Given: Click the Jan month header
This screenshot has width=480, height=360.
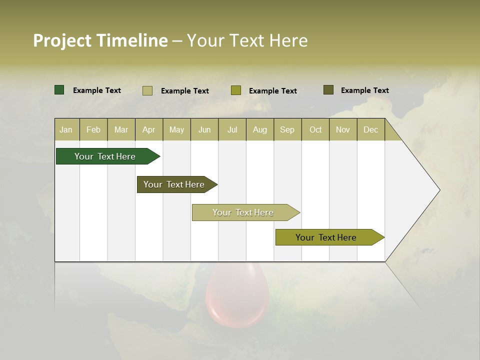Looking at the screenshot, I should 66,129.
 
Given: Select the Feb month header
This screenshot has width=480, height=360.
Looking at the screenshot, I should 93,129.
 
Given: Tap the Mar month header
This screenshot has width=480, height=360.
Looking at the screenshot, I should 121,129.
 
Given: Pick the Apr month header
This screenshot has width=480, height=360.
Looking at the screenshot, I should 149,129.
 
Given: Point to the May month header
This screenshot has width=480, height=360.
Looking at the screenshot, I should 176,129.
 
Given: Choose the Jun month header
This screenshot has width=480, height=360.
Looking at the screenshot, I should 204,129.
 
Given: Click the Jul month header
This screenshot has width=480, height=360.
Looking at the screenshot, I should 232,129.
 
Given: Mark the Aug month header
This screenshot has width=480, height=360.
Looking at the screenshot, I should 260,129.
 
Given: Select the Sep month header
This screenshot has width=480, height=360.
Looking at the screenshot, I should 287,129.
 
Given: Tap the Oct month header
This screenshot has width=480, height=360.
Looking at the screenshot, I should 315,129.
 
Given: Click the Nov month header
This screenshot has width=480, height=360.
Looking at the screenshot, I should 343,129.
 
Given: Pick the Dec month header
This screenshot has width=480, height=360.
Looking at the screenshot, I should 371,129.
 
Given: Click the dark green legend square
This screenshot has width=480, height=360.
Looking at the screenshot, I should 59,90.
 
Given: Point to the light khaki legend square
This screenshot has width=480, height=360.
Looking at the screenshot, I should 147,90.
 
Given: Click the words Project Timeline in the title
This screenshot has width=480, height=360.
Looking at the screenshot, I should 100,40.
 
